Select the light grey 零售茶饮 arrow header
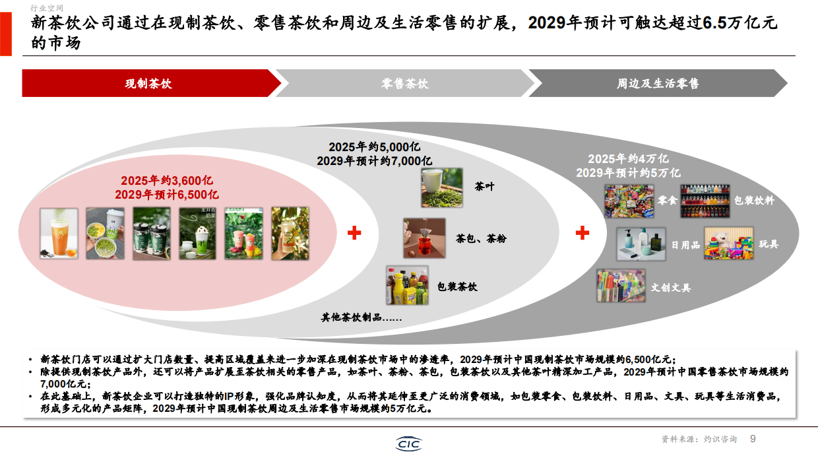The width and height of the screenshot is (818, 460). [404, 84]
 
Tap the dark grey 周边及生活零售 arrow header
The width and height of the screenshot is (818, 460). [658, 84]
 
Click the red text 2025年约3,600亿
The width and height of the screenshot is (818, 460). [167, 181]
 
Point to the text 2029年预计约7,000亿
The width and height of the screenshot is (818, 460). [374, 160]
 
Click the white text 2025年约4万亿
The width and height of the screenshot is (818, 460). [628, 159]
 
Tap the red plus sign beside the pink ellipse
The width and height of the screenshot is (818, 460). [354, 232]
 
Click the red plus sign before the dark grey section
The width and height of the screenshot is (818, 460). [582, 232]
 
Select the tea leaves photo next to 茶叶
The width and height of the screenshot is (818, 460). [443, 187]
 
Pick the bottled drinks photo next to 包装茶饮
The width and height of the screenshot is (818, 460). [407, 286]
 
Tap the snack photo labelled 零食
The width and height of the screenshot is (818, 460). [629, 201]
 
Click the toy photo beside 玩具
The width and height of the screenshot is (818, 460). [728, 244]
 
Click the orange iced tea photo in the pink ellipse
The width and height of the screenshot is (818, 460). [59, 233]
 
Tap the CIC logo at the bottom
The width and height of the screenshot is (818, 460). [409, 444]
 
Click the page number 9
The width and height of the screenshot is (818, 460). [753, 439]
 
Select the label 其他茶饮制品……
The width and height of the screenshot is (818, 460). [362, 317]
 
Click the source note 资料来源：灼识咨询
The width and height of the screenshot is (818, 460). [699, 440]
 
